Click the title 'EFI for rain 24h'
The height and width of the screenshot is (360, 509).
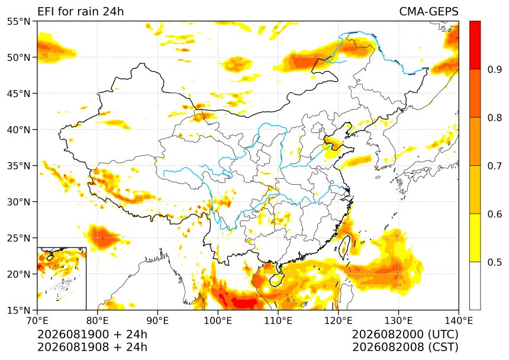(x=80, y=12)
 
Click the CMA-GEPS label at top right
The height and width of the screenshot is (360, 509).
(x=429, y=12)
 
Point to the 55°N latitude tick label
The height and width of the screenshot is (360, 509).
(x=18, y=22)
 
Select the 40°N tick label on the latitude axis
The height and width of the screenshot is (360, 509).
(x=18, y=130)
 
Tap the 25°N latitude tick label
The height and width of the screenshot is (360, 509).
(x=18, y=238)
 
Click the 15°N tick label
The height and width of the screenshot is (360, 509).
(x=18, y=310)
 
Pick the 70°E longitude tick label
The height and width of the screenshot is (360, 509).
(x=37, y=321)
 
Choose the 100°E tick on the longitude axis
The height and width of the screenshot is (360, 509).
(x=218, y=321)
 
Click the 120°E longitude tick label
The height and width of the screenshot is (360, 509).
(x=339, y=321)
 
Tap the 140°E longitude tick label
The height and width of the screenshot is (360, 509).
(x=459, y=321)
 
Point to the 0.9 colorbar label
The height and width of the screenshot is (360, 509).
(x=494, y=69)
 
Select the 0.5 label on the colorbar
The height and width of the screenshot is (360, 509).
(x=494, y=262)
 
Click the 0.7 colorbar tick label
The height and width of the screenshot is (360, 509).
(x=494, y=166)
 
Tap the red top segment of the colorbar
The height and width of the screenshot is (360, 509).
(x=475, y=45)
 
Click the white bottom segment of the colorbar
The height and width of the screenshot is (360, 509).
(x=475, y=286)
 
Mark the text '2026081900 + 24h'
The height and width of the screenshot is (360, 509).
(x=92, y=334)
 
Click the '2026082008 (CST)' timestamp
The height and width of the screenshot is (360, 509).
(x=405, y=347)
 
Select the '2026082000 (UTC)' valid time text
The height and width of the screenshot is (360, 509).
(x=405, y=334)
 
